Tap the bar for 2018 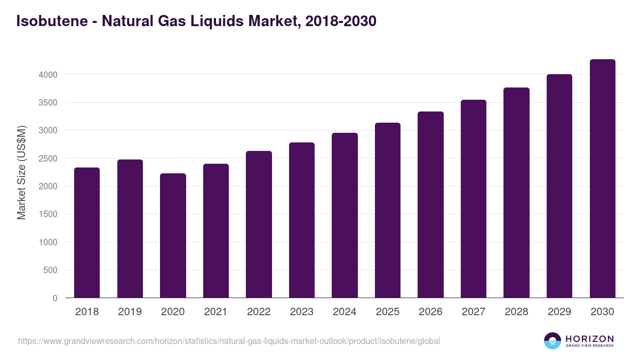[87, 233]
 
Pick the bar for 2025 [388, 210]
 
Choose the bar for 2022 [259, 224]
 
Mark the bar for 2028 [516, 193]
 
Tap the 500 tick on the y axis [50, 270]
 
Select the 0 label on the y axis [54, 298]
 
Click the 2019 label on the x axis [130, 312]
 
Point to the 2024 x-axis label [345, 312]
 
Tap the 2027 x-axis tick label [474, 312]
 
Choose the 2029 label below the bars [559, 312]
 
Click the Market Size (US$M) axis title [21, 173]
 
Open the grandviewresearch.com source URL [229, 341]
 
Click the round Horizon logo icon [553, 341]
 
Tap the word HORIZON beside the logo [589, 338]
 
